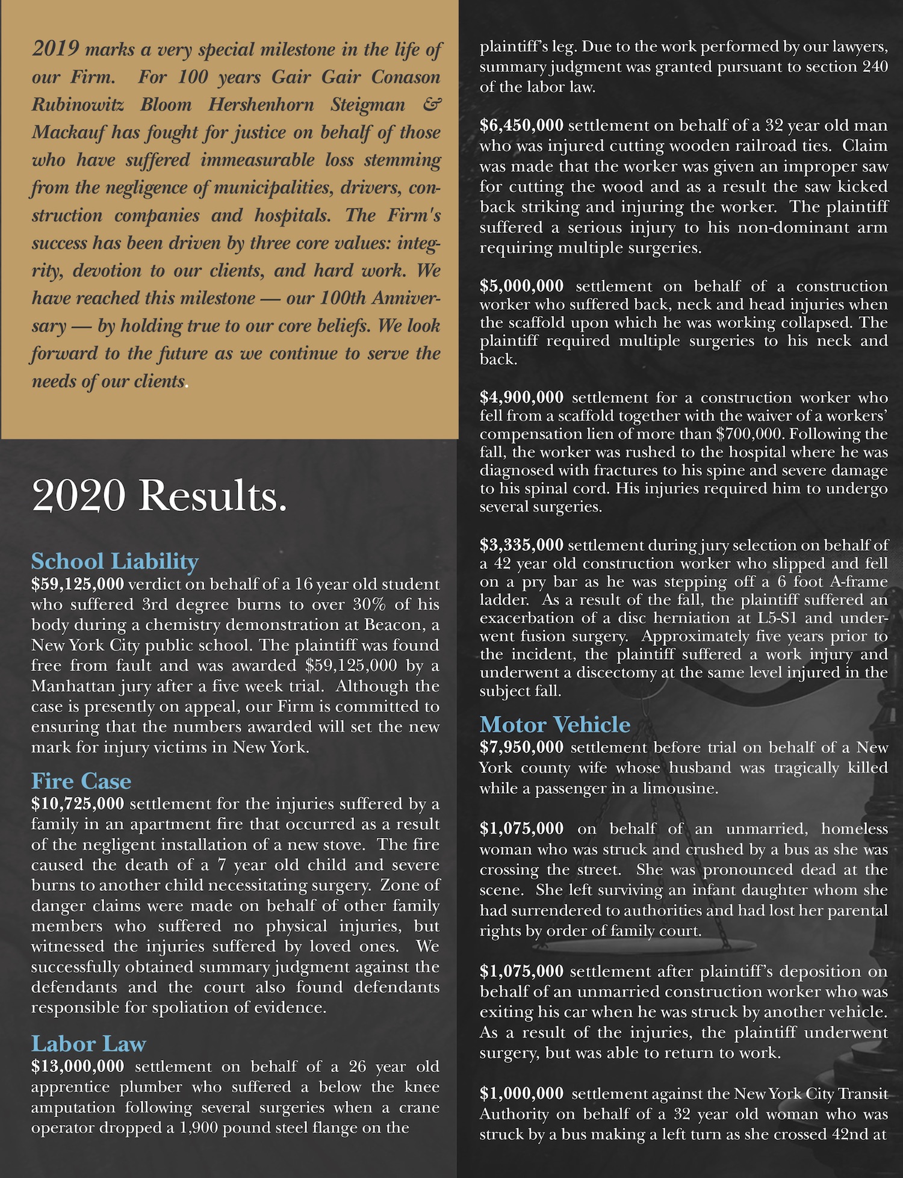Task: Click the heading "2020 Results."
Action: tap(159, 496)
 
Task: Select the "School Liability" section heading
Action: tap(114, 561)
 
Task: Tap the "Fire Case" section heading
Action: tap(81, 781)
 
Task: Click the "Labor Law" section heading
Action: tap(88, 1043)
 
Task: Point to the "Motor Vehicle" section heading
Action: tap(554, 724)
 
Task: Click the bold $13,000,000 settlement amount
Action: tap(78, 1066)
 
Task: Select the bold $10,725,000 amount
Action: tap(78, 804)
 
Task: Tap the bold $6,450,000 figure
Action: tap(521, 125)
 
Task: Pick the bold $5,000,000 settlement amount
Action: tap(521, 286)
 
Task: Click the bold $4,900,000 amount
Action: tap(521, 397)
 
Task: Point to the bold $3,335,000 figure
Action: tap(521, 545)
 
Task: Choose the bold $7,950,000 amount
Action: tap(521, 747)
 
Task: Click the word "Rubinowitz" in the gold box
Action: tap(78, 105)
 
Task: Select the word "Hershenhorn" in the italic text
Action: tap(261, 105)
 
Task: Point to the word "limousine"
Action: tap(680, 788)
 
